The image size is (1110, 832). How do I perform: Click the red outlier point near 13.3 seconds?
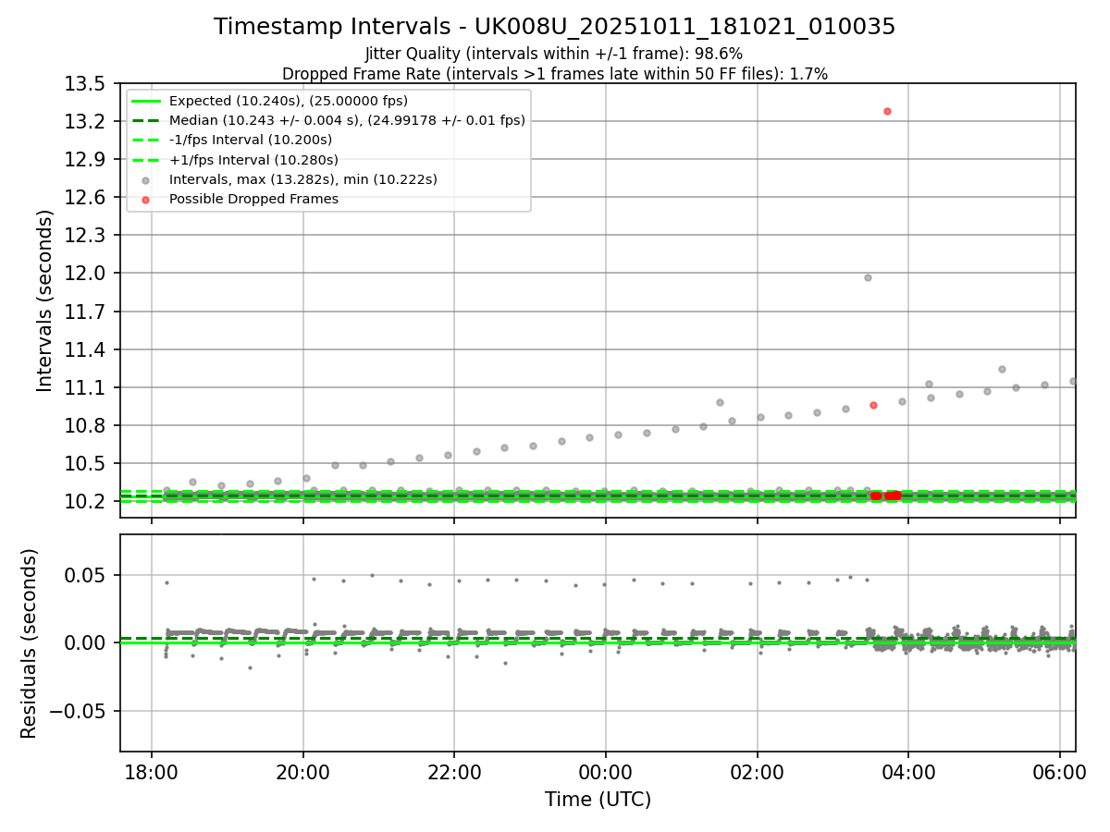pyautogui.click(x=887, y=111)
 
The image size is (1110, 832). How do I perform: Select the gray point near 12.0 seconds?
pyautogui.click(x=868, y=277)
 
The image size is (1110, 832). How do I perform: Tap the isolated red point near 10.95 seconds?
pyautogui.click(x=873, y=405)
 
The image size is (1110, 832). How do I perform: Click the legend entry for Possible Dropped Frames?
pyautogui.click(x=253, y=199)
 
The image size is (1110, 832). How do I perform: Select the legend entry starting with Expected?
pyautogui.click(x=288, y=101)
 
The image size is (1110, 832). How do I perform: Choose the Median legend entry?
pyautogui.click(x=347, y=120)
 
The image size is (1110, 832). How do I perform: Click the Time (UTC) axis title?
pyautogui.click(x=598, y=800)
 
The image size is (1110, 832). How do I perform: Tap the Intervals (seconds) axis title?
pyautogui.click(x=45, y=300)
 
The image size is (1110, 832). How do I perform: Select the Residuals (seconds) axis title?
pyautogui.click(x=30, y=643)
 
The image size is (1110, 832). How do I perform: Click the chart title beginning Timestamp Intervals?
pyautogui.click(x=554, y=27)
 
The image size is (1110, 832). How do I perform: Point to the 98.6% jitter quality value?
pyautogui.click(x=721, y=54)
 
